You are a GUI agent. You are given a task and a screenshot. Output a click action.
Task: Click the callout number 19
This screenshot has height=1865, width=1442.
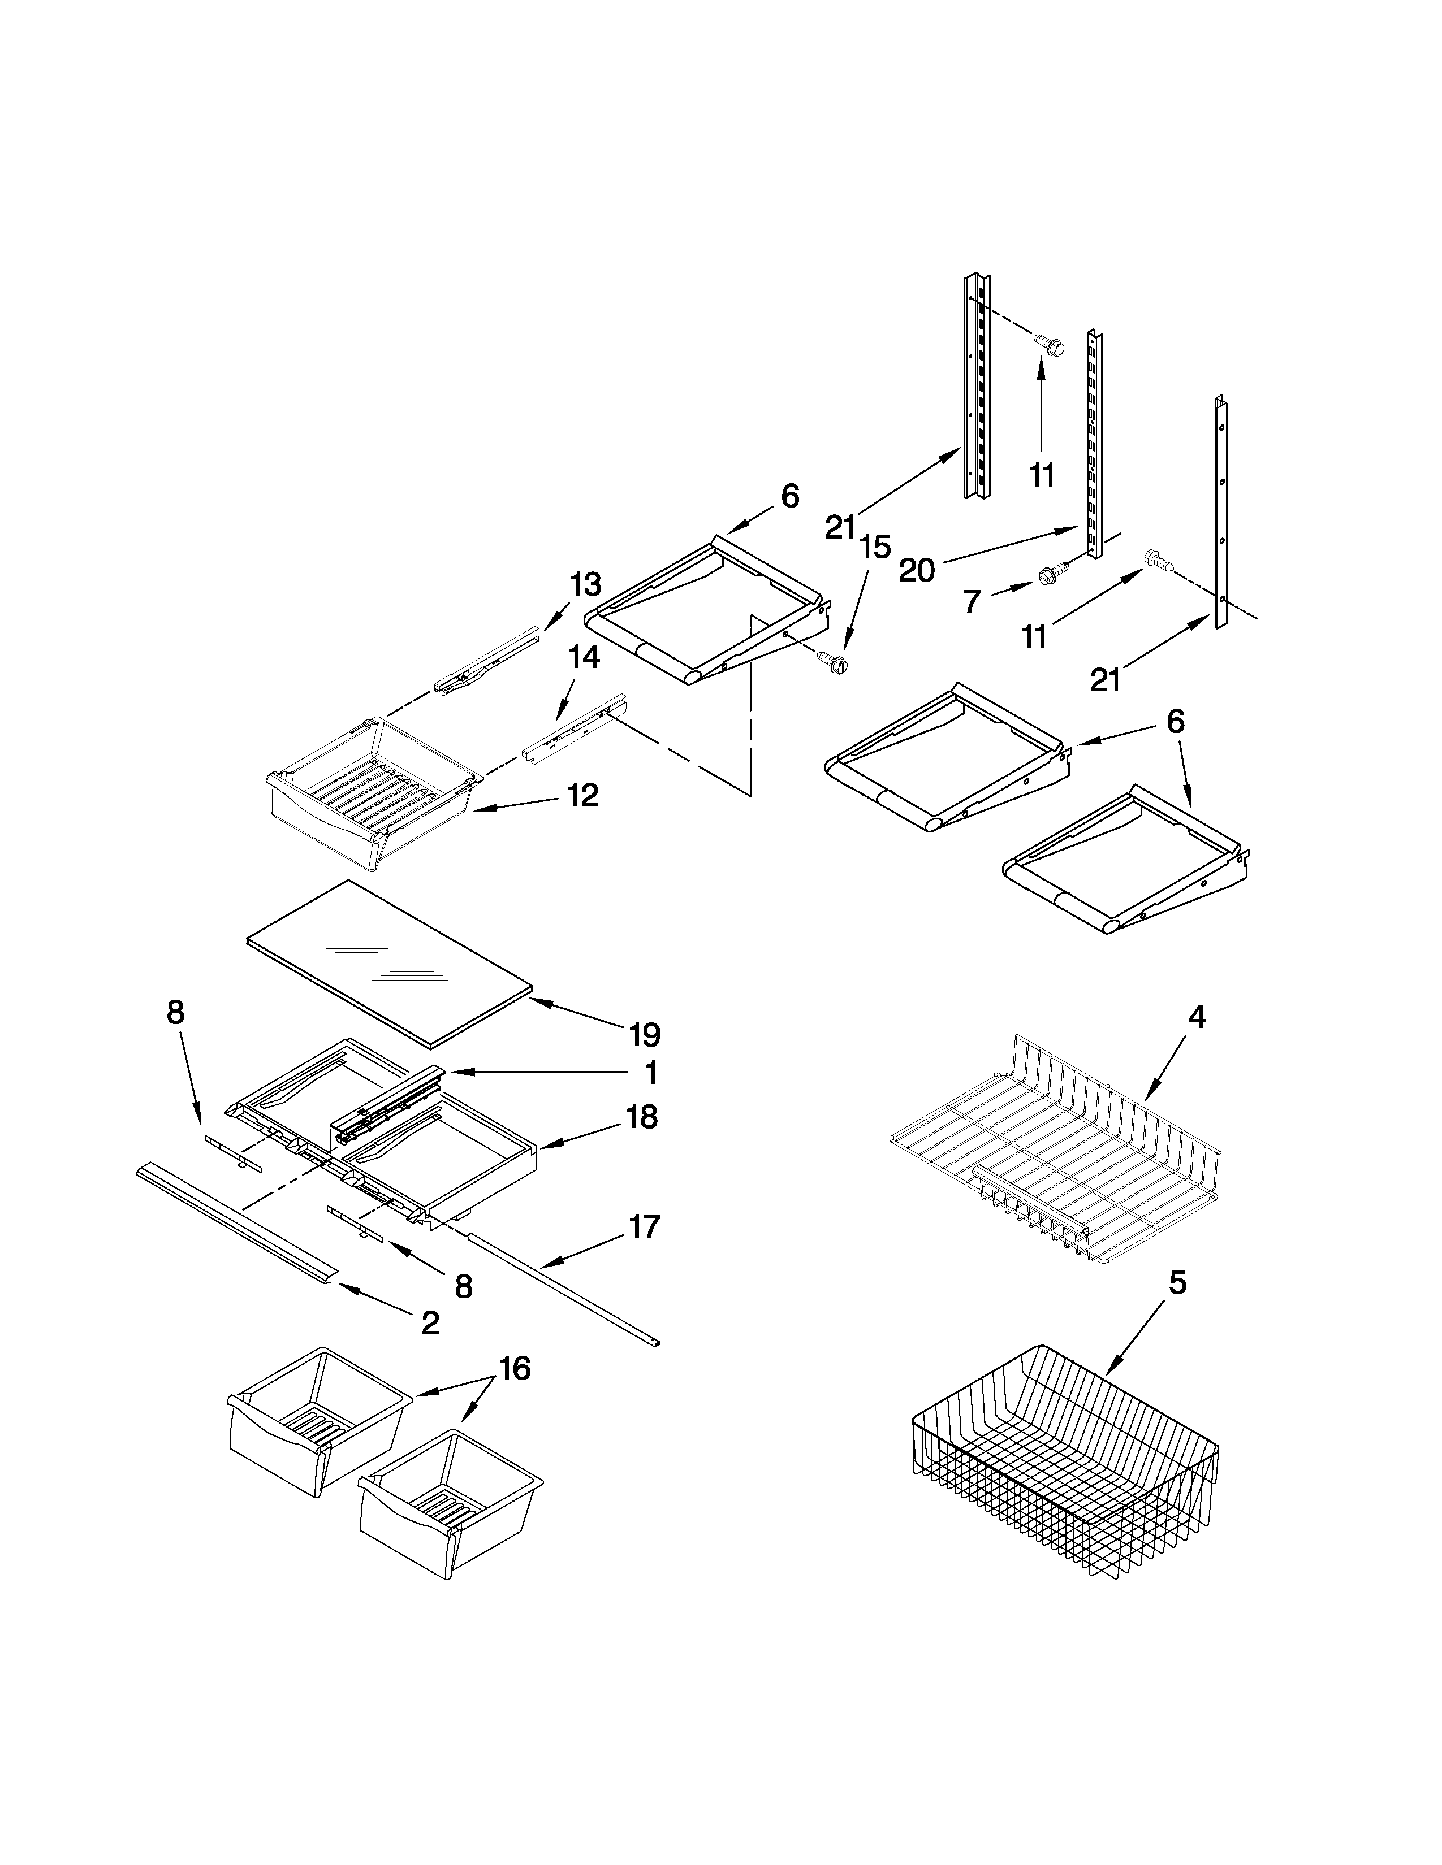645,1035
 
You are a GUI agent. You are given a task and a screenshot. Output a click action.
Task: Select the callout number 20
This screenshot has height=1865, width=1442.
917,570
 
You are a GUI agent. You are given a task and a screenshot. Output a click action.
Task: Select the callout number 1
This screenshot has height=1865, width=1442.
651,1073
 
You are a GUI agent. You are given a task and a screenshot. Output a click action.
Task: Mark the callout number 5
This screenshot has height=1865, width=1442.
1177,1283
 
